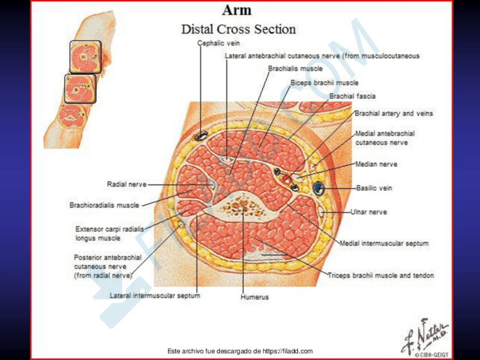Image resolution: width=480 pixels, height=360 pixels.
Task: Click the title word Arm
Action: click(237, 10)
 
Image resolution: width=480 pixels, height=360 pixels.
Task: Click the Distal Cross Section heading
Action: click(238, 29)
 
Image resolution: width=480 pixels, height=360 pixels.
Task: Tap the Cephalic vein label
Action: click(215, 43)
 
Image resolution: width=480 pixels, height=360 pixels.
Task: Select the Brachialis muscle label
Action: click(295, 68)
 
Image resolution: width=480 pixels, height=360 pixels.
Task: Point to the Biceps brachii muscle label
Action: click(324, 83)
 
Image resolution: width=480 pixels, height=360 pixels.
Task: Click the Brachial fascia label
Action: click(352, 96)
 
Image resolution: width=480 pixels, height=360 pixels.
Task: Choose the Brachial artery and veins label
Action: click(393, 113)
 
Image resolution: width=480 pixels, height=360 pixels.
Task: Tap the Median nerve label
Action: click(376, 164)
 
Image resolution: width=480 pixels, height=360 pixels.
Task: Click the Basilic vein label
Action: click(374, 188)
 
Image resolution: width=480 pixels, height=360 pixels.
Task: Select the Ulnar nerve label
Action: click(368, 212)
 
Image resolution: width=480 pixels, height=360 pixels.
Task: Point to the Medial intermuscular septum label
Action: click(384, 243)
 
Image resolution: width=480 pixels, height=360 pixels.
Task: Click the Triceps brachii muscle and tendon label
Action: click(381, 276)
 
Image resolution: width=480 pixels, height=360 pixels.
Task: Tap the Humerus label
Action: click(254, 297)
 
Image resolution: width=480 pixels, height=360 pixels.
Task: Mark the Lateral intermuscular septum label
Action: click(155, 295)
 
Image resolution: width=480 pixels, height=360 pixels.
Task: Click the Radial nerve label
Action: click(127, 184)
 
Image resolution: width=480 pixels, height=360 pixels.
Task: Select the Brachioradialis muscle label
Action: click(104, 205)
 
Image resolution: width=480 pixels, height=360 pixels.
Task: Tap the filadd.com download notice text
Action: click(241, 351)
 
